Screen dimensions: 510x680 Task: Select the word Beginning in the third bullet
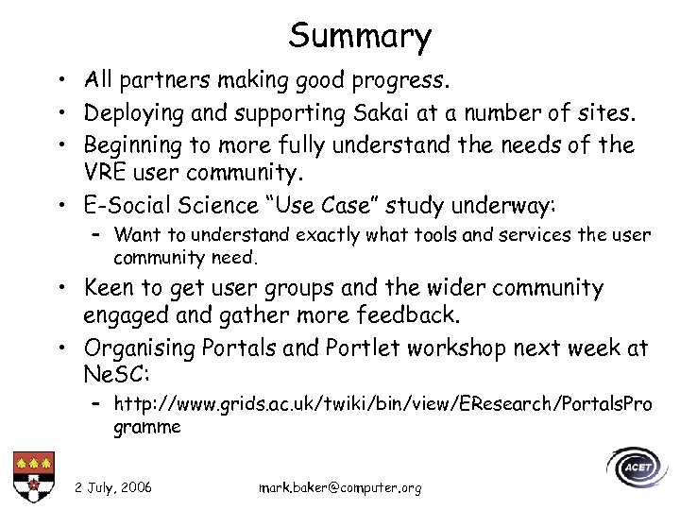[x=136, y=144]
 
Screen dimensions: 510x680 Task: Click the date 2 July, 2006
[x=113, y=486]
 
